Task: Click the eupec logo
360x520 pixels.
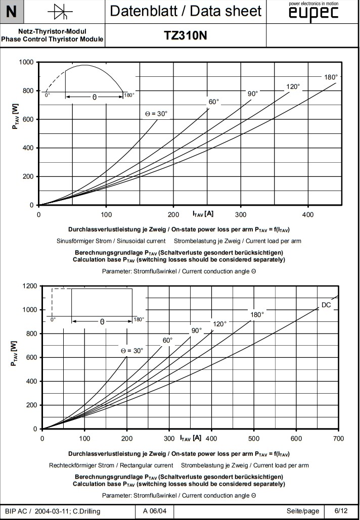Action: [x=312, y=14]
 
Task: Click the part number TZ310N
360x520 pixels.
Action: [x=185, y=35]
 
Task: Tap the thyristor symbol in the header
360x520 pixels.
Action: [x=56, y=11]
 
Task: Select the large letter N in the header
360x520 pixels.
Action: [x=11, y=11]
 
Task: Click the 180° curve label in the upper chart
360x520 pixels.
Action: [x=331, y=77]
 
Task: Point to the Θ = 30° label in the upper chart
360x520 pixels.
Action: [x=156, y=114]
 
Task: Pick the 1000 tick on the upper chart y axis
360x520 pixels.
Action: [x=26, y=62]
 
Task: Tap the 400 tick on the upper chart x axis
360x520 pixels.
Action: [x=308, y=214]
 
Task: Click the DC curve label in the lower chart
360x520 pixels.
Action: [x=326, y=305]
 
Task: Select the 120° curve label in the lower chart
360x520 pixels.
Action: [x=219, y=324]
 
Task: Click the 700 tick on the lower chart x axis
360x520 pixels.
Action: [x=338, y=438]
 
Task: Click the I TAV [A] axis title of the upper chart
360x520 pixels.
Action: [x=203, y=214]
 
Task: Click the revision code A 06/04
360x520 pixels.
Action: [x=155, y=511]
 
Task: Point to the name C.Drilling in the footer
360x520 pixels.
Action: [x=84, y=511]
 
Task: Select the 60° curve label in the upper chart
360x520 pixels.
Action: [x=214, y=102]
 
